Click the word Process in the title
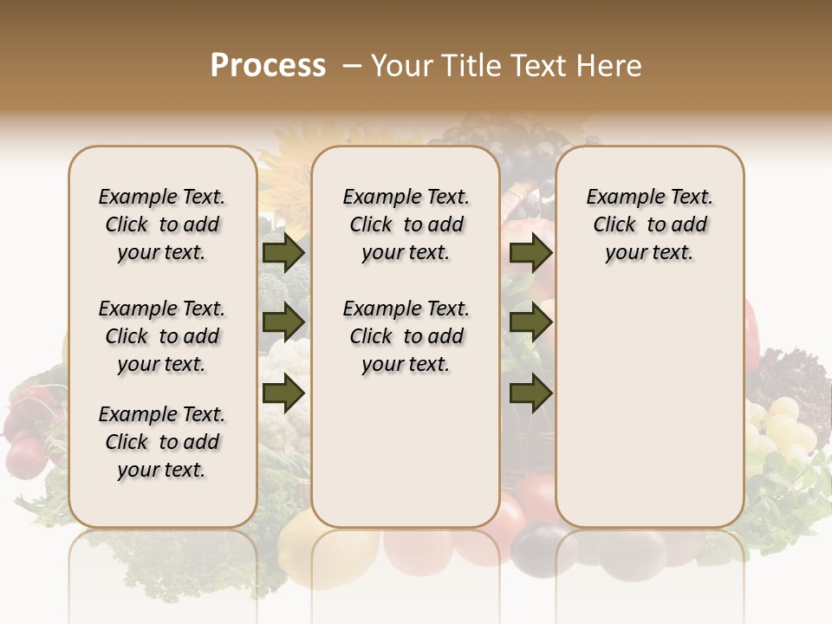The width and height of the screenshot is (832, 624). click(268, 66)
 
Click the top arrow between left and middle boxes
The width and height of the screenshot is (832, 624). click(283, 252)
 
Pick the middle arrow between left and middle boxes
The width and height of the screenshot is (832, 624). click(283, 322)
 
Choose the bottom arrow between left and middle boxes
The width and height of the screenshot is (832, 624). click(283, 393)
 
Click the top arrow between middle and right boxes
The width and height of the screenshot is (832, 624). click(530, 252)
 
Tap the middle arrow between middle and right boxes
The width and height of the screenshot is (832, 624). click(530, 322)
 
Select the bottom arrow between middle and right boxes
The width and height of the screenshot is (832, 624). click(530, 393)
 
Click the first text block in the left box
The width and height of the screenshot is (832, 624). click(162, 224)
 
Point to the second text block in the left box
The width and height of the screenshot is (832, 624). click(162, 336)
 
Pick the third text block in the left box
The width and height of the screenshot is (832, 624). click(162, 442)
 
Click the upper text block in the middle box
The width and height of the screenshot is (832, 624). click(406, 224)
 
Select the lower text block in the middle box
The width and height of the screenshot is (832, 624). click(406, 336)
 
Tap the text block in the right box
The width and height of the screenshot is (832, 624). click(649, 224)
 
